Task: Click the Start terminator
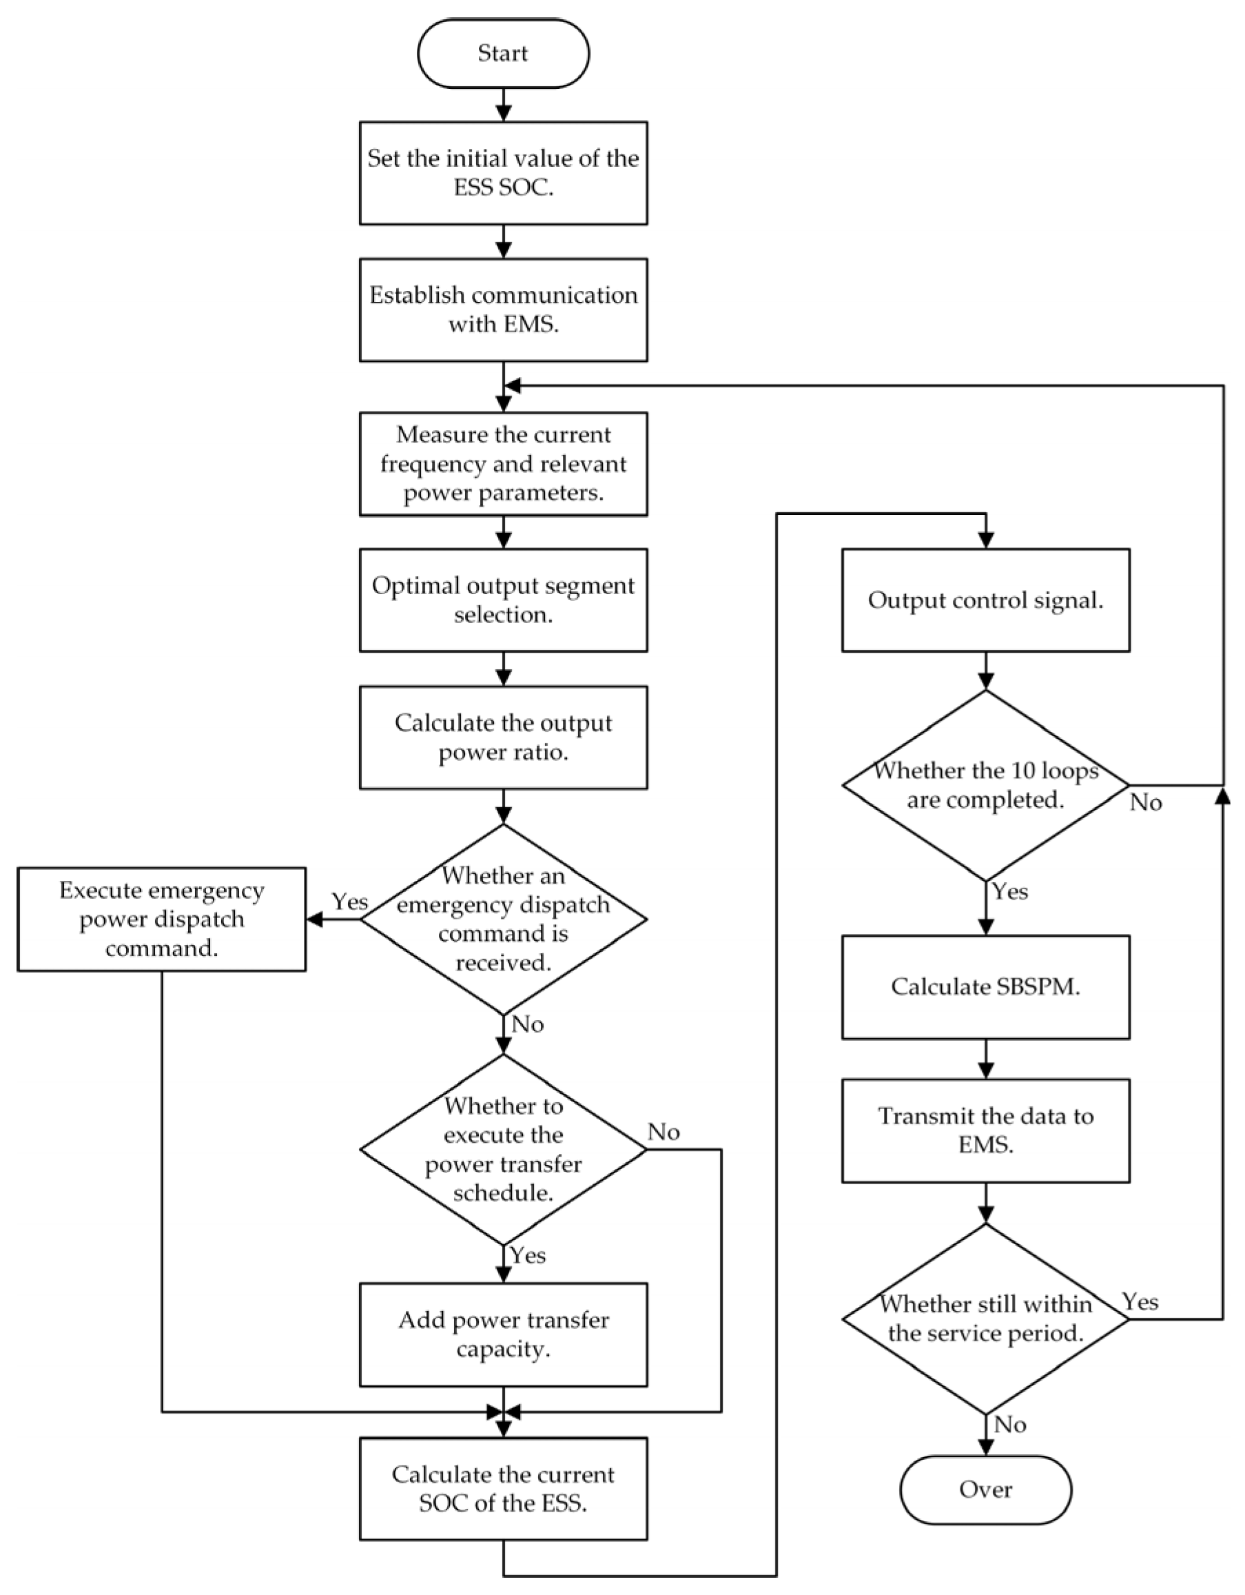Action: [503, 53]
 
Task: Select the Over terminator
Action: [985, 1489]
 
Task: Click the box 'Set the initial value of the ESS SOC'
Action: [503, 173]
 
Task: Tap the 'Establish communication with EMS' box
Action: [503, 309]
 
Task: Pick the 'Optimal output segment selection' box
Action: [503, 600]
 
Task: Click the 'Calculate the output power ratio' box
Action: [503, 737]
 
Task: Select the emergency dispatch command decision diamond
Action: [503, 919]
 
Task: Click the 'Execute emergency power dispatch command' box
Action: [161, 919]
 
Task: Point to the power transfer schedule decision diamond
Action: [503, 1150]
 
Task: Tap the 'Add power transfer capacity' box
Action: [503, 1334]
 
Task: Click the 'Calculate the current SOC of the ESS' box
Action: [503, 1489]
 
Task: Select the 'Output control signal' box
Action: [985, 600]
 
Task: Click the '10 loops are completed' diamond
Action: [985, 785]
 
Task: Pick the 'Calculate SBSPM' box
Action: [985, 986]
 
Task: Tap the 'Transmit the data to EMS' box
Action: [985, 1130]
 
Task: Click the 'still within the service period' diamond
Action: [985, 1319]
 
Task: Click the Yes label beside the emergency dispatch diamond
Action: [350, 902]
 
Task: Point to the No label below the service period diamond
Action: [1010, 1424]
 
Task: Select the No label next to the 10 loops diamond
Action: [1145, 802]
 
